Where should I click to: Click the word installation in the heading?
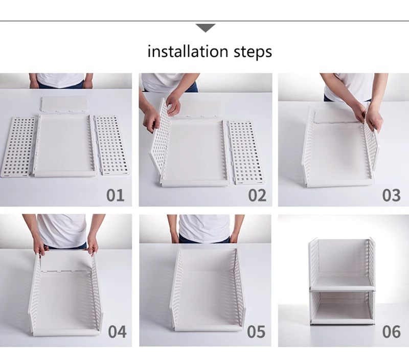coord(188,51)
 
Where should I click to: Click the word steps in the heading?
coord(253,52)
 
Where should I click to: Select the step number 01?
coord(116,195)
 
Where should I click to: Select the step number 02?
coord(257,195)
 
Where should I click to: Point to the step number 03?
coord(391,195)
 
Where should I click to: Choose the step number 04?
coord(117,331)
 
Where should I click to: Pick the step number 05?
coord(256,331)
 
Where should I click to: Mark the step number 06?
coord(391,331)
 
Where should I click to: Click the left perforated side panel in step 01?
coord(18,147)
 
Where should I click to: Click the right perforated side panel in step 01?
coord(111,145)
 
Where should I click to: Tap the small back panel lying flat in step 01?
coord(64,104)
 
